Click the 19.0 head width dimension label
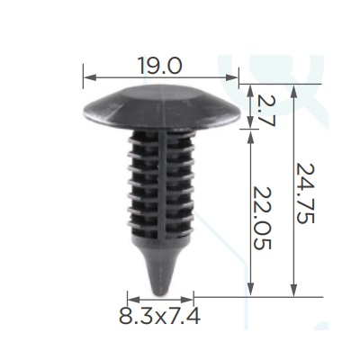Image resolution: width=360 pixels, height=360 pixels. (160, 66)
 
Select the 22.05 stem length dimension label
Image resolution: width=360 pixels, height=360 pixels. (262, 219)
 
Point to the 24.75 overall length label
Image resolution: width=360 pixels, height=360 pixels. (305, 193)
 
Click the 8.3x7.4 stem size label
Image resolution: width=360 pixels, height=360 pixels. (159, 316)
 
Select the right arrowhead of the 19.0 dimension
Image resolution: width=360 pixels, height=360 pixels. (232, 78)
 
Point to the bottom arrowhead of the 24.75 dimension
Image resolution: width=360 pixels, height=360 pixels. (294, 291)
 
